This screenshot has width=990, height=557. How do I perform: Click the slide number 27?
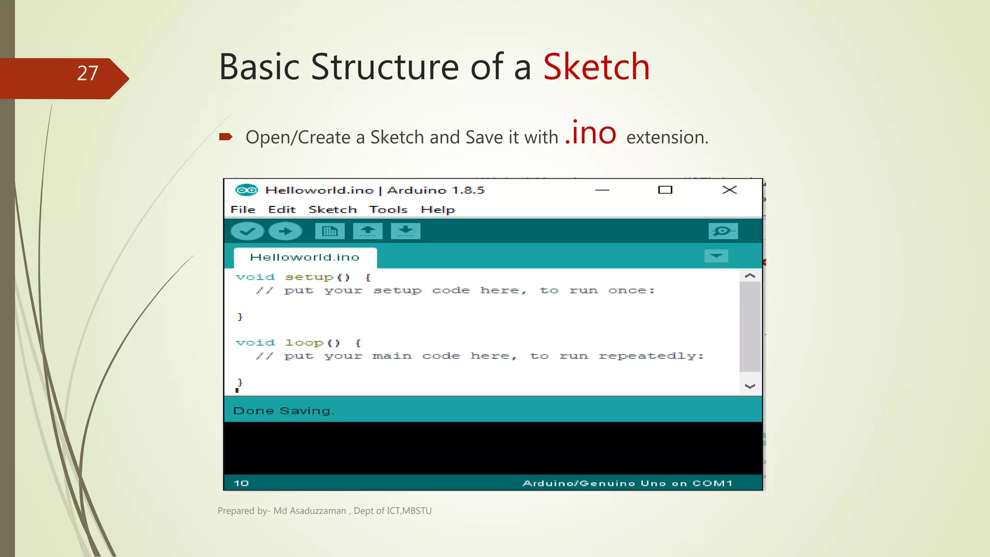tap(87, 73)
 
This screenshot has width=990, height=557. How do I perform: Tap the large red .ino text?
tap(591, 133)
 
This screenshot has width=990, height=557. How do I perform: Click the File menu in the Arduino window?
tap(243, 210)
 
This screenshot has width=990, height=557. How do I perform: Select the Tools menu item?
tap(388, 210)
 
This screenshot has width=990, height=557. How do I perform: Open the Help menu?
tap(437, 210)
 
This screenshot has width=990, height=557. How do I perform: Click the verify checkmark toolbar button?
tap(247, 231)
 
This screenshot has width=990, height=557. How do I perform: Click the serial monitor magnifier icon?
tap(723, 231)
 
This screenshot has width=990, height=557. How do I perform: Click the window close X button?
tap(729, 190)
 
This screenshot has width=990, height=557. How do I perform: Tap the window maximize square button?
tap(665, 190)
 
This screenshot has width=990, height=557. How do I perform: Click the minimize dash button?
tap(602, 190)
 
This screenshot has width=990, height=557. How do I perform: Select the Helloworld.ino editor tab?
tap(305, 258)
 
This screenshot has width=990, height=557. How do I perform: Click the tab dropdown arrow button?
tap(716, 256)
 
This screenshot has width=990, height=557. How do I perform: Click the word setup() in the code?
tap(317, 278)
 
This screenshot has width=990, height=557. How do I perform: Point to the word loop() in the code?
tap(312, 343)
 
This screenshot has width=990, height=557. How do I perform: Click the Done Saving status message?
tap(283, 411)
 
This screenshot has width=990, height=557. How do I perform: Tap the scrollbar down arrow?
tap(750, 386)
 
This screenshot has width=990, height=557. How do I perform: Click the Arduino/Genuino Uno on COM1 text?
tap(627, 484)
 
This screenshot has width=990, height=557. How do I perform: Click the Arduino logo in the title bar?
tap(247, 190)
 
